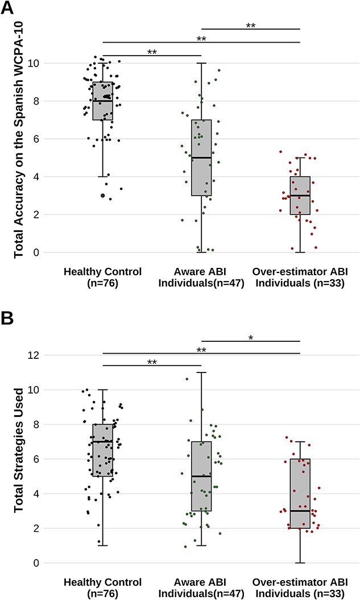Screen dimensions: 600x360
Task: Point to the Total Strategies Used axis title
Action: [x=19, y=458]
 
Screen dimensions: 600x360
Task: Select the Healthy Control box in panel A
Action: [x=103, y=101]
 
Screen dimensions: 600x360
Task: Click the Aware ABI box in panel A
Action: [x=201, y=158]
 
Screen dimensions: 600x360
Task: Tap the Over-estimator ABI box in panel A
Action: [x=300, y=195]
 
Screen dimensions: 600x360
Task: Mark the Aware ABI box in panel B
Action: [x=201, y=476]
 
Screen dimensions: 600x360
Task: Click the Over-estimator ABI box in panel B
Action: [x=300, y=493]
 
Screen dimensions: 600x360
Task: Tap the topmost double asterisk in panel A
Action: [x=251, y=26]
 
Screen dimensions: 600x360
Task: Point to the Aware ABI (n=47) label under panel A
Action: [x=201, y=277]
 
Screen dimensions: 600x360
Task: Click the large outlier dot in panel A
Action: [x=103, y=195]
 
